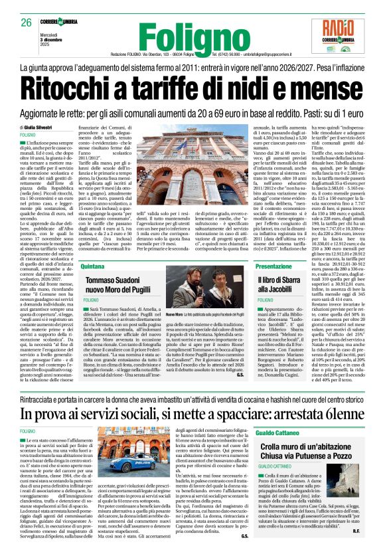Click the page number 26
[x=26, y=23]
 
